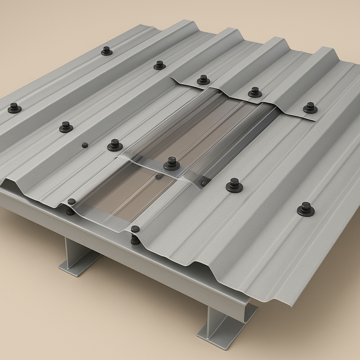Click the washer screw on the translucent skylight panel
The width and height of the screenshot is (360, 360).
tap(172, 163)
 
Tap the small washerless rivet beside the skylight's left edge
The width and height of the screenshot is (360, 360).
tap(85, 145)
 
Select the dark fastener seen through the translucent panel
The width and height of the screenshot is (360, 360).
tap(159, 176)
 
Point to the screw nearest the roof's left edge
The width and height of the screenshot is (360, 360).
tap(14, 108)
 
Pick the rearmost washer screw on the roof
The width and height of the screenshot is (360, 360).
tap(107, 51)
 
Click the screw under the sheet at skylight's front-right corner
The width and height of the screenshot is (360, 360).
tap(135, 240)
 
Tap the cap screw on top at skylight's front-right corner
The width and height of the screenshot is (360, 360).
tap(135, 229)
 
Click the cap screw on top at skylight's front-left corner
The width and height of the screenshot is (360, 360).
tap(71, 201)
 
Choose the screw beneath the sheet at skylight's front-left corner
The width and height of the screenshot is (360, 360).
tap(70, 212)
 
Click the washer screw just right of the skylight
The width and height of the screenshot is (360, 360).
tap(234, 185)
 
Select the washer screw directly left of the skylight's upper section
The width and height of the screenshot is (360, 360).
tap(115, 145)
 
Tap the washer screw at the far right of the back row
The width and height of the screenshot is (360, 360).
tap(310, 108)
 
